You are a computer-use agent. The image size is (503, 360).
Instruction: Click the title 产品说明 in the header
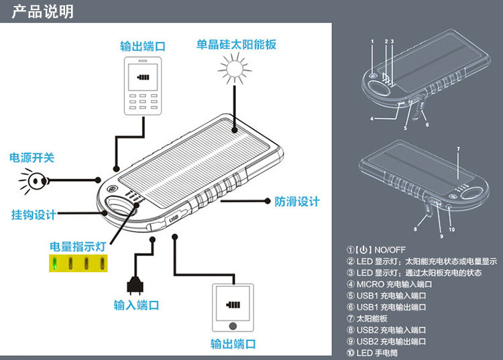pos(43,11)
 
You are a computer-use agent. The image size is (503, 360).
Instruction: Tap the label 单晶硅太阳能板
pos(236,44)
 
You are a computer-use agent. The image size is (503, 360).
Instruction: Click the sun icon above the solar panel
pos(235,69)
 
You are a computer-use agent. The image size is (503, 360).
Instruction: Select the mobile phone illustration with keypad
pos(143,86)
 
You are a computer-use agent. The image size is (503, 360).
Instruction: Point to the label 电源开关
pos(32,158)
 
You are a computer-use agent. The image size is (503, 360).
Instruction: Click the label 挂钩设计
pos(34,215)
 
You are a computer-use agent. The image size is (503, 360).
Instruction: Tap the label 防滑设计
pos(297,202)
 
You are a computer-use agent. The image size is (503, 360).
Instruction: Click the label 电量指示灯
pos(78,247)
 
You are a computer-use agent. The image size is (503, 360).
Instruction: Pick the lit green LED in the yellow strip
pos(55,263)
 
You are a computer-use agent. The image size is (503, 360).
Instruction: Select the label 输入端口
pos(136,305)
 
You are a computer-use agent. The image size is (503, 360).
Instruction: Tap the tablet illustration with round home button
pos(233,308)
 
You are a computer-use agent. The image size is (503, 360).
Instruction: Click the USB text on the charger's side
pos(173,219)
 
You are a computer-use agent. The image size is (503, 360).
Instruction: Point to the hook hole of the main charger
pos(120,204)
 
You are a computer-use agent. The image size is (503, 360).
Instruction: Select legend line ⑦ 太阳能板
pos(367,318)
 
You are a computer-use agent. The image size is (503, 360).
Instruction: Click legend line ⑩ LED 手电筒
pos(372,353)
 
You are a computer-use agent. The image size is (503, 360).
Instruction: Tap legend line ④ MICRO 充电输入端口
pos(389,284)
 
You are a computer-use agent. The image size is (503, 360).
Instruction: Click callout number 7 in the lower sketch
pos(459,149)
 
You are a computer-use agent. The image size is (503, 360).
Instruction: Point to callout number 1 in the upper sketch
pos(372,42)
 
